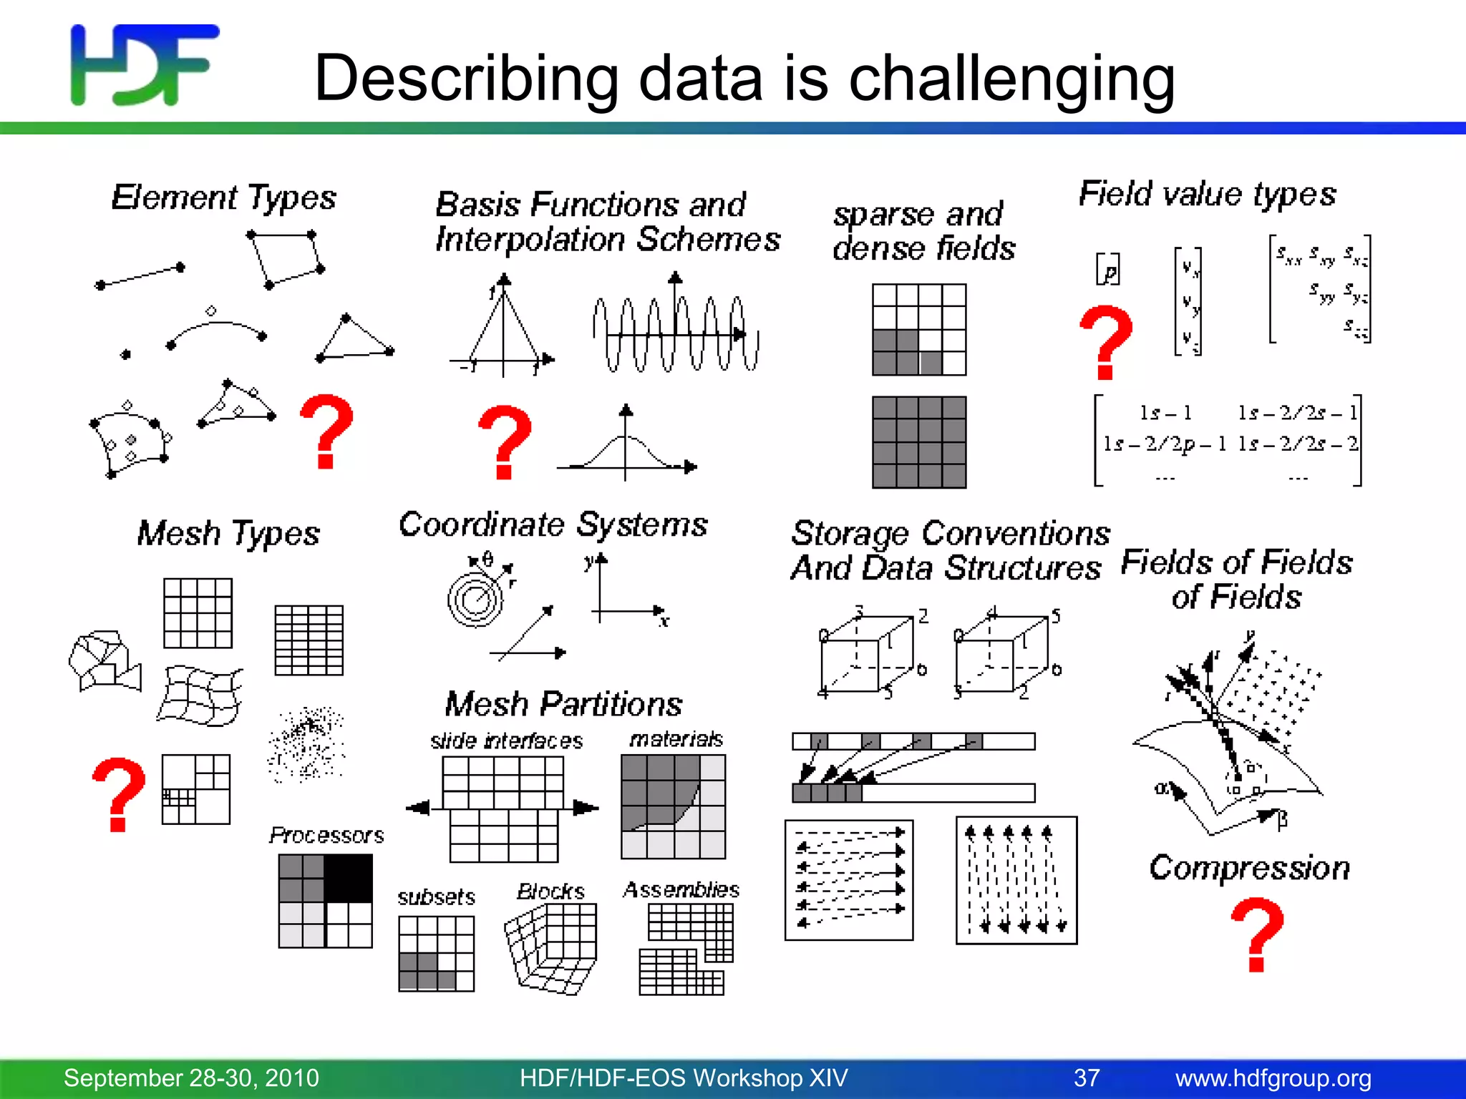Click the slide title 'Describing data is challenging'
click(x=744, y=79)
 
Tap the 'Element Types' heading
click(x=223, y=197)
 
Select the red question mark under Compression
click(x=1257, y=934)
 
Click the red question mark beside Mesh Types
click(x=119, y=794)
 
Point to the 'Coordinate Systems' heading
click(x=553, y=524)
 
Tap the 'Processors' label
click(x=326, y=835)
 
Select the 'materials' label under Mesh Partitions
click(x=676, y=739)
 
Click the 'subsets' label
click(x=436, y=897)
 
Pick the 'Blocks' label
click(x=550, y=892)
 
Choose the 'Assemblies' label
click(x=681, y=889)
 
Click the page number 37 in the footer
click(x=1087, y=1078)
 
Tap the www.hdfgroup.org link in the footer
click(x=1273, y=1078)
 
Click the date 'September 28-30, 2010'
click(x=191, y=1078)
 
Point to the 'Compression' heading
click(x=1250, y=868)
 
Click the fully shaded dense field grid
click(x=919, y=442)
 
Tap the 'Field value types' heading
click(x=1207, y=194)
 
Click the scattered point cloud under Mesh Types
click(x=306, y=744)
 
